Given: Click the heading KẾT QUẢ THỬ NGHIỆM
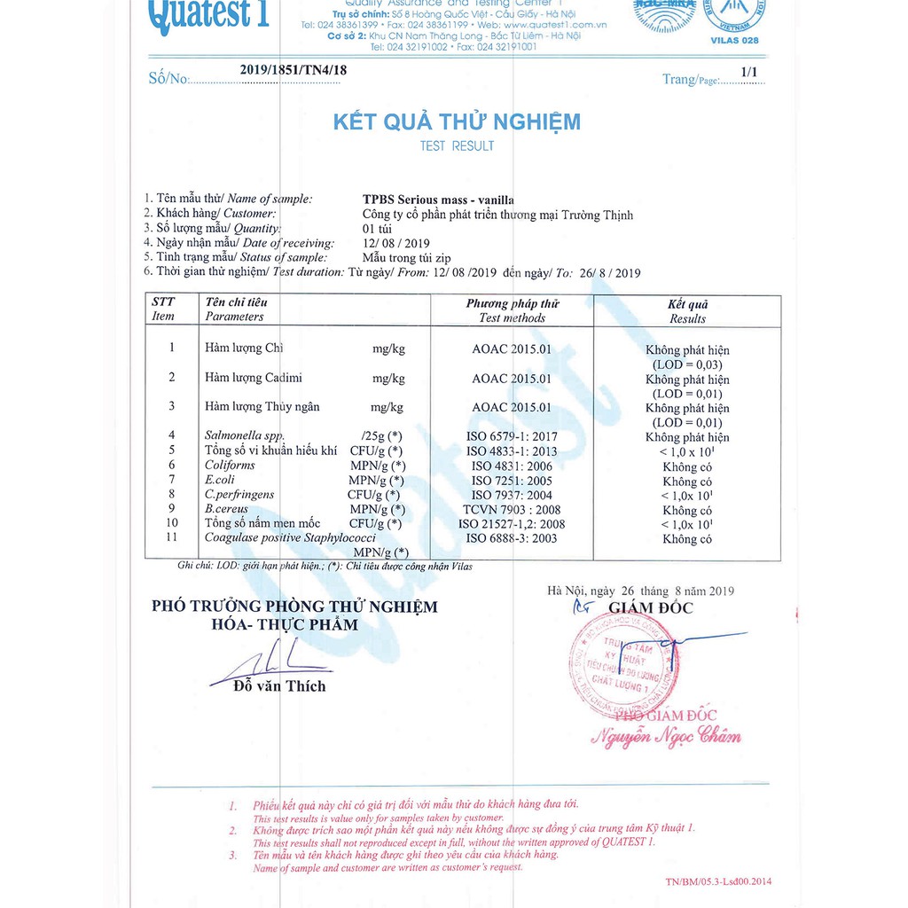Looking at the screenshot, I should tap(457, 121).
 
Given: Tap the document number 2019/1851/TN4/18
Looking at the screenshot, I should tap(287, 70).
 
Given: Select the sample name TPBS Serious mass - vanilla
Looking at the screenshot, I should tap(438, 200).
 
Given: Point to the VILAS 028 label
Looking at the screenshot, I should tap(735, 41).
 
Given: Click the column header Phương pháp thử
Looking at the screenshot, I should tap(513, 303).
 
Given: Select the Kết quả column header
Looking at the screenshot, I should tap(687, 304).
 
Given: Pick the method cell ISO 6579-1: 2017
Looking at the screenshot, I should tap(513, 436).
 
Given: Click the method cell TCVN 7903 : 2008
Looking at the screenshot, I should tap(512, 510).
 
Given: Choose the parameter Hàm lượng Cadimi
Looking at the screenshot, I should tap(254, 378).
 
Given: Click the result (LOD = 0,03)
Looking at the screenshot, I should tap(687, 364).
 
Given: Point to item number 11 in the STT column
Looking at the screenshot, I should tap(172, 537).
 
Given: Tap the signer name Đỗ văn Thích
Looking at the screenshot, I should tap(279, 686).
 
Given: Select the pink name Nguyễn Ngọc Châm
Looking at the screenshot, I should tap(665, 736).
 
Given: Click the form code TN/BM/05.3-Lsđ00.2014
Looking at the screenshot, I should tap(717, 881).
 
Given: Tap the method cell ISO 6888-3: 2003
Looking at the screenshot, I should tap(512, 538).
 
